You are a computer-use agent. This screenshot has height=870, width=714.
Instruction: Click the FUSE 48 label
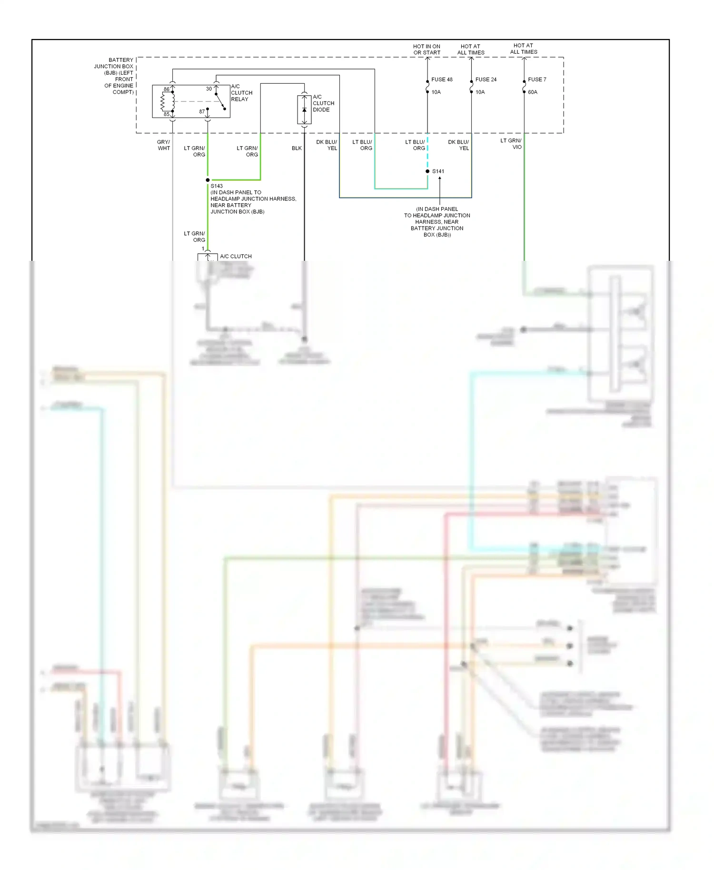pyautogui.click(x=442, y=79)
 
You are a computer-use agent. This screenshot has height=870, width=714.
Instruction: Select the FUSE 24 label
pyautogui.click(x=486, y=79)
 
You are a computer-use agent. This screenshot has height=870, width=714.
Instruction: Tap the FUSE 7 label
pyautogui.click(x=537, y=79)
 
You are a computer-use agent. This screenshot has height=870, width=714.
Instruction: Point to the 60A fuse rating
pyautogui.click(x=532, y=92)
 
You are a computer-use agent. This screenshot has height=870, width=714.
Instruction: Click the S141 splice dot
pyautogui.click(x=427, y=171)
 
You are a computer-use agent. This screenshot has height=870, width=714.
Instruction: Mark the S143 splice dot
pyautogui.click(x=208, y=180)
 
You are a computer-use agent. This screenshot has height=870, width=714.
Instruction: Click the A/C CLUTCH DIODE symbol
pyautogui.click(x=304, y=110)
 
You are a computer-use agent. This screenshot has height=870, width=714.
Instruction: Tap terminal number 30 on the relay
pyautogui.click(x=208, y=89)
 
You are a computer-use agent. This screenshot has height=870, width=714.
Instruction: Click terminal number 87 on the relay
pyautogui.click(x=202, y=112)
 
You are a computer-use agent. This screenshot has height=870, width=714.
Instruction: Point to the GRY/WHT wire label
pyautogui.click(x=163, y=145)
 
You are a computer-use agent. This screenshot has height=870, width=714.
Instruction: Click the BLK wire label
pyautogui.click(x=297, y=148)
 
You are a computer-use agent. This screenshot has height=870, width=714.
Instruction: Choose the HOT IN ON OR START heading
pyautogui.click(x=426, y=49)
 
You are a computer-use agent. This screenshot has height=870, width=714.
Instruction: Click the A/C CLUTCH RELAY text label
pyautogui.click(x=241, y=93)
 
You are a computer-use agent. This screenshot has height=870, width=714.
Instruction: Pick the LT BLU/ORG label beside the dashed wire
pyautogui.click(x=415, y=145)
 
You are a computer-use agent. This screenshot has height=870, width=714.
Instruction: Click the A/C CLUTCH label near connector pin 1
pyautogui.click(x=236, y=257)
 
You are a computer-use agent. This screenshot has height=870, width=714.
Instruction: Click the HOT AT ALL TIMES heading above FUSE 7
pyautogui.click(x=523, y=49)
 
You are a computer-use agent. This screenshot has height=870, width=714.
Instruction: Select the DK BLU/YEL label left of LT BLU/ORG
pyautogui.click(x=327, y=145)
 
